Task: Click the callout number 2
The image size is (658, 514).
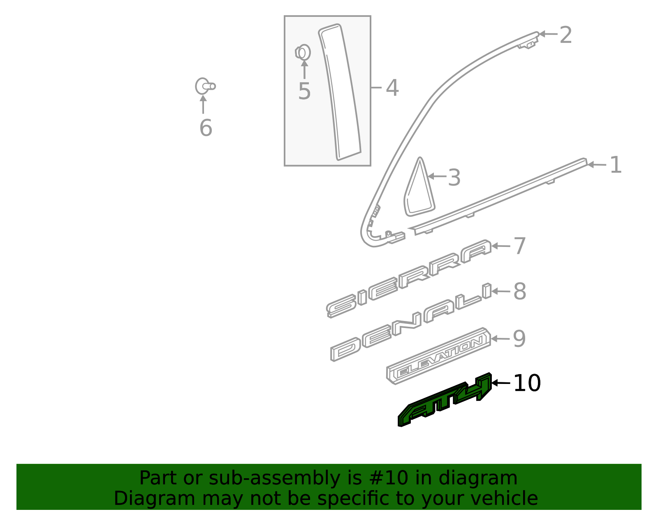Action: point(566,35)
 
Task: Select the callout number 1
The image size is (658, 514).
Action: point(615,165)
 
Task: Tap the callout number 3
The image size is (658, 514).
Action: point(454,178)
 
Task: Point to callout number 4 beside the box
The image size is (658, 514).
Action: point(392,88)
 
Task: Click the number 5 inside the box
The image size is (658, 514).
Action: point(304,91)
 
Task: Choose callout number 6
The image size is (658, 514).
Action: point(206,128)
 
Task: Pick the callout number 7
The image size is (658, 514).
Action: point(520,247)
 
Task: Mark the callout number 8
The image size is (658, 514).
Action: point(520,292)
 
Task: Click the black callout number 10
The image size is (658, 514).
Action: point(527,384)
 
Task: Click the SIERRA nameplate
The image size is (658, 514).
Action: point(409,278)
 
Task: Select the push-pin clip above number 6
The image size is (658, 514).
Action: point(204,86)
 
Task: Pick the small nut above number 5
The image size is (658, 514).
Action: point(303,53)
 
